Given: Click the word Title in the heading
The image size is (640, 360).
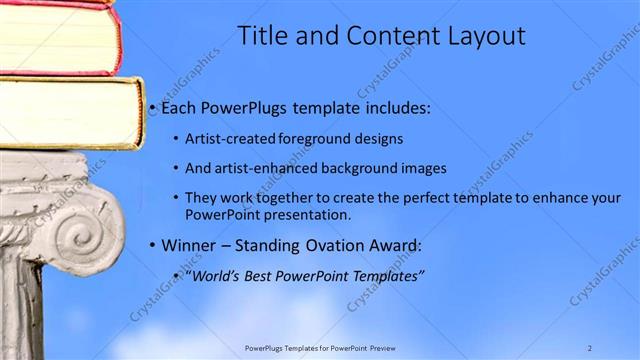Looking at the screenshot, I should click(x=263, y=36).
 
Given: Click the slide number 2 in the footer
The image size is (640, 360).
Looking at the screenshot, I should click(x=589, y=348).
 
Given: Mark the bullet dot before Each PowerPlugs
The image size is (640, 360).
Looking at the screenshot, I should click(x=152, y=108).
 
